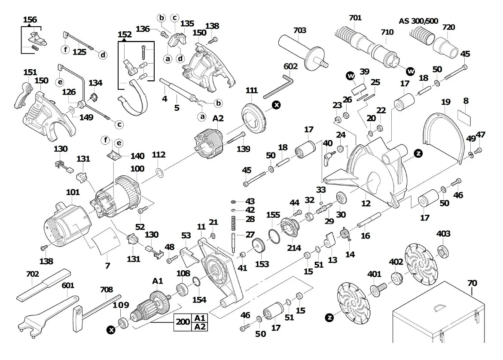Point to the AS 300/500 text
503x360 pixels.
pos(418,21)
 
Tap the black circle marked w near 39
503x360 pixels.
pos(351,76)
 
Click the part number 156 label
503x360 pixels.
pos(30,19)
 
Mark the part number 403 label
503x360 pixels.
pos(443,234)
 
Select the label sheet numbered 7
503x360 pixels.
pos(106,241)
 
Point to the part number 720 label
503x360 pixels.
pos(448,27)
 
